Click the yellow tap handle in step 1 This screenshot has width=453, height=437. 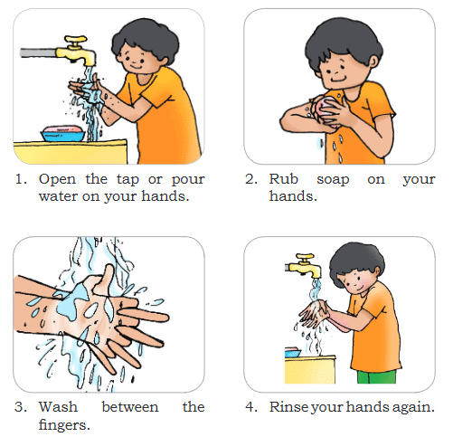click(76, 41)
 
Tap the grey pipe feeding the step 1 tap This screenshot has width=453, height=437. click(38, 52)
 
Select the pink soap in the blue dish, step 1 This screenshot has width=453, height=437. click(63, 129)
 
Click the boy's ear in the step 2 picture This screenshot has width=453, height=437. click(373, 62)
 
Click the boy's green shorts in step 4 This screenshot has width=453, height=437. click(376, 376)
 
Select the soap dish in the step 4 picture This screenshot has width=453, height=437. click(293, 352)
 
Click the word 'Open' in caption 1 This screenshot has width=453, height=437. click(57, 179)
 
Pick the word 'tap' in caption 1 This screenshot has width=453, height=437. click(127, 180)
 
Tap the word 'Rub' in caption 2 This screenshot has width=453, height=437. click(284, 179)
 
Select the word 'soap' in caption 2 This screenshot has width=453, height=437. click(333, 180)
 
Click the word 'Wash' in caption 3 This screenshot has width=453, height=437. click(58, 407)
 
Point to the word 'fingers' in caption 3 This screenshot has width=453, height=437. click(64, 425)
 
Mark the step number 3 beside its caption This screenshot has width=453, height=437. click(20, 407)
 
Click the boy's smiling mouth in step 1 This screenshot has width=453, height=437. click(137, 66)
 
